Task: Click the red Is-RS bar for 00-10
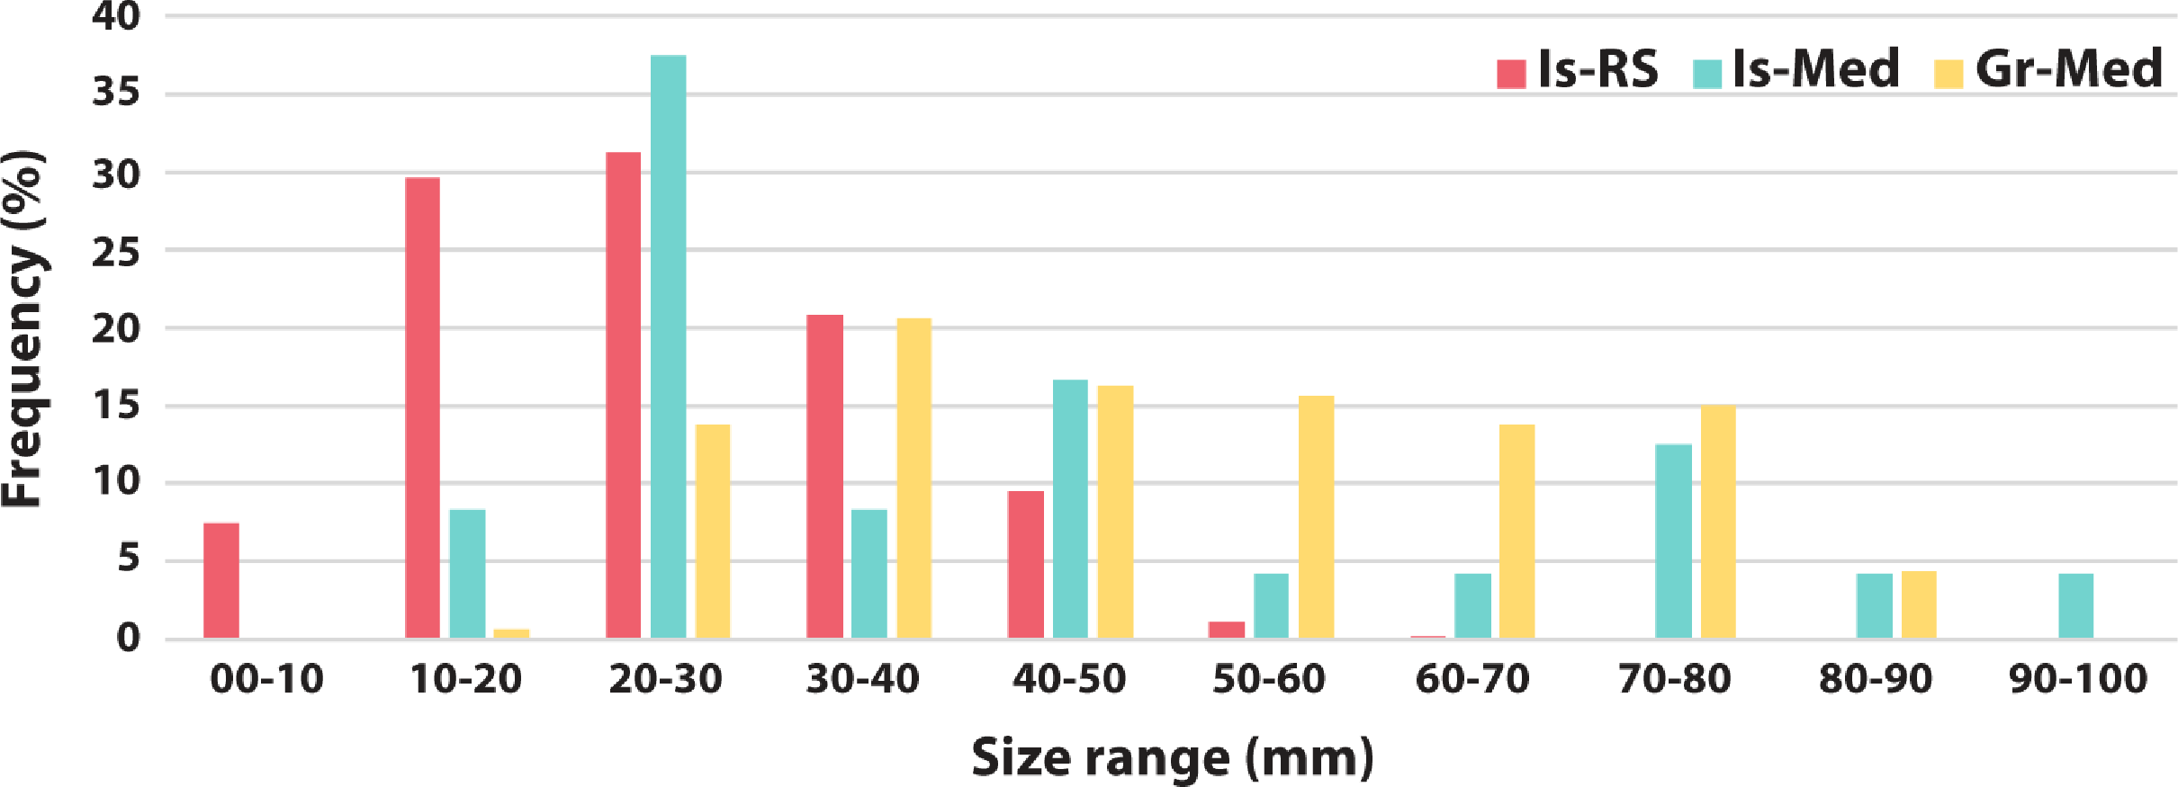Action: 221,581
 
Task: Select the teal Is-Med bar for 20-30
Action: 668,347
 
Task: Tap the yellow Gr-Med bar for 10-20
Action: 511,634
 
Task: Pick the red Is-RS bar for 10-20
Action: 423,408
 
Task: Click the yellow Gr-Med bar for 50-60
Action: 1316,517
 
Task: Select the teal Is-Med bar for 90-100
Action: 2075,606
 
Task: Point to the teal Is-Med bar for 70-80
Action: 1673,541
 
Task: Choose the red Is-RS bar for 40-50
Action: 1026,565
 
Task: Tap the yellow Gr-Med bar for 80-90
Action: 1919,605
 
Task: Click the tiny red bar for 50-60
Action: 1227,630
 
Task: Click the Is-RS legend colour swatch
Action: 1511,74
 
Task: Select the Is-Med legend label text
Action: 1814,68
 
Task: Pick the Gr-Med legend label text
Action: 2067,68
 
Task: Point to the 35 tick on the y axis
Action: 116,93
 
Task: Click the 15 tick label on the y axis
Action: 116,406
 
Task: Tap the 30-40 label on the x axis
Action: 862,679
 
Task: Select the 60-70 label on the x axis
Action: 1471,679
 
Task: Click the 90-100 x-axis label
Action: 2078,679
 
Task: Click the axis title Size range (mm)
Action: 1172,757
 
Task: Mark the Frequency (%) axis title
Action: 24,328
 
